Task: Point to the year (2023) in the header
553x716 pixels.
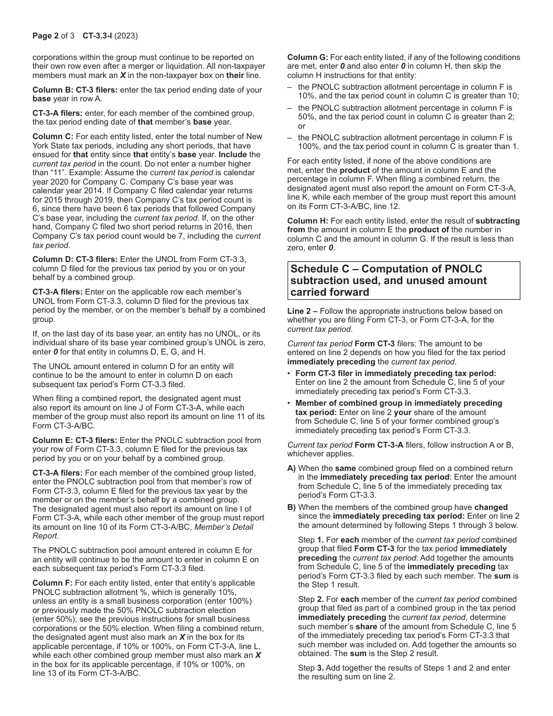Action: [126, 36]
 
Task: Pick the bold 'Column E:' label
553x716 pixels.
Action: [53, 440]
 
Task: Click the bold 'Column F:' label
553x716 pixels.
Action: [52, 583]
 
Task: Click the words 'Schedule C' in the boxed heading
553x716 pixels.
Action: [318, 269]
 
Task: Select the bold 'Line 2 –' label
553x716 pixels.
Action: [303, 311]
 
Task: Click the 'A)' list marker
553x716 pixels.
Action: [292, 468]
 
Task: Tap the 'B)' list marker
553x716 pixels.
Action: [292, 507]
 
